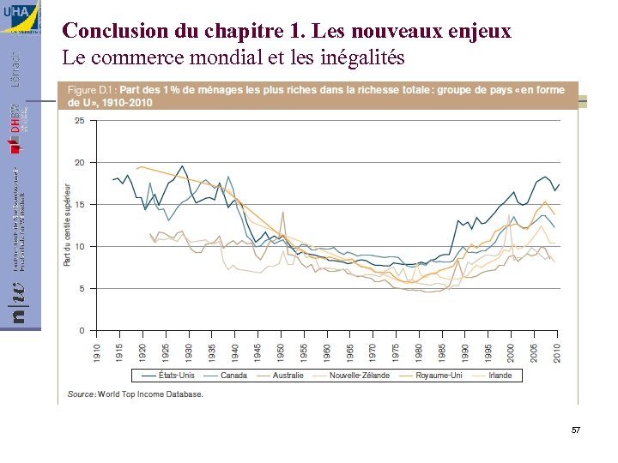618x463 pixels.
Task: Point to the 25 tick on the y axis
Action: [x=79, y=121]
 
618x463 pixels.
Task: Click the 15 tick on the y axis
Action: [x=79, y=205]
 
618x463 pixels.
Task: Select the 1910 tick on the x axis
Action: [x=97, y=350]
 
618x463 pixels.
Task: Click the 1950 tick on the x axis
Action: [x=282, y=350]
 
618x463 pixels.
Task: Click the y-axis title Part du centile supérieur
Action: [x=67, y=223]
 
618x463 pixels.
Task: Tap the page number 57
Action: [x=575, y=429]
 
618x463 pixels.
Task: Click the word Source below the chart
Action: [x=81, y=394]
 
